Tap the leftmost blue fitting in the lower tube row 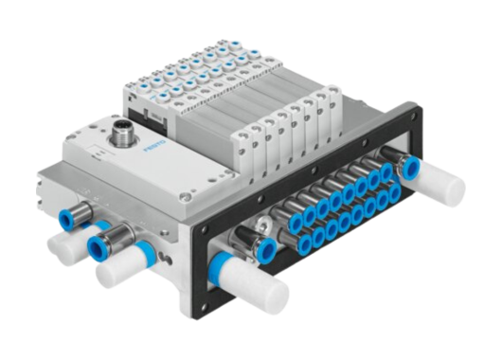point(306,243)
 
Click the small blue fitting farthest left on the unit point(66,219)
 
